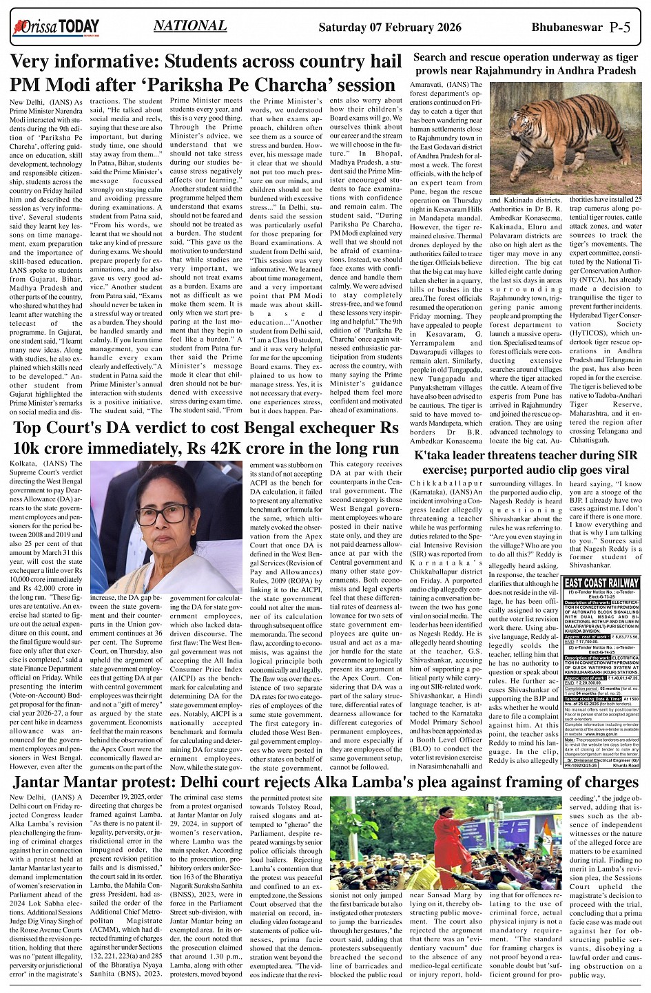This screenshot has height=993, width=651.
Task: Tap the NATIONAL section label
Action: tap(190, 26)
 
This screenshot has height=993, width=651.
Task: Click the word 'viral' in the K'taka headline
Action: tap(612, 470)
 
